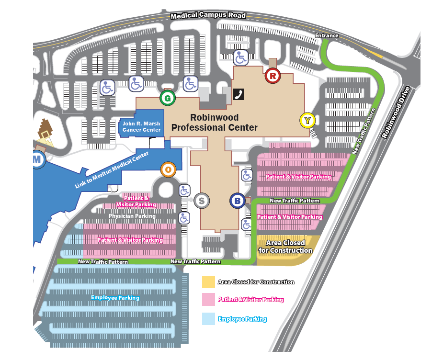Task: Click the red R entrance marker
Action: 273,75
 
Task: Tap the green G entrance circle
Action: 168,98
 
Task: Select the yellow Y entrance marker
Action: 307,120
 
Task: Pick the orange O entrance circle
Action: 168,169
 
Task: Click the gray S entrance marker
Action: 202,201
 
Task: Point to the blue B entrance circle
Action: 238,201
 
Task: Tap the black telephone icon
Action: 239,94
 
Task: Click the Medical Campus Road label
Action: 208,15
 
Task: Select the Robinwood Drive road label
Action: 396,112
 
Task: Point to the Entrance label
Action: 327,35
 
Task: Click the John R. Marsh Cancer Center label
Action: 141,127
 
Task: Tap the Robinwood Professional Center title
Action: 215,122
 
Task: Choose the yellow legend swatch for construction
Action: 208,282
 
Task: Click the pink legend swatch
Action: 208,299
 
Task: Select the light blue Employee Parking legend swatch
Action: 208,319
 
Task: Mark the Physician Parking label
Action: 132,216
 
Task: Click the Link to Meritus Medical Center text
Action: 112,170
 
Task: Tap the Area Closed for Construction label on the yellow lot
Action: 285,247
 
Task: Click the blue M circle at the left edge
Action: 37,159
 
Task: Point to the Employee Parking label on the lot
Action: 115,298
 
